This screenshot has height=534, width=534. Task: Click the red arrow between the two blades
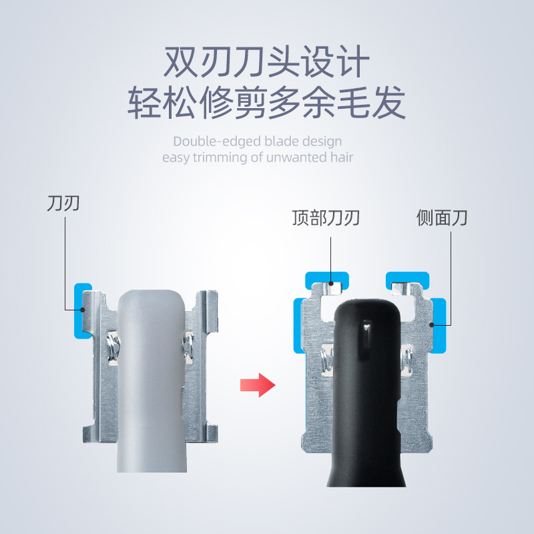pyautogui.click(x=257, y=385)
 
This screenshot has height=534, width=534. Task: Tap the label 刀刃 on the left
pyautogui.click(x=63, y=202)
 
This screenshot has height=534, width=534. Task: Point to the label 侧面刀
pyautogui.click(x=442, y=218)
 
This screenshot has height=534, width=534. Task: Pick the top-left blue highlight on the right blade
pyautogui.click(x=326, y=280)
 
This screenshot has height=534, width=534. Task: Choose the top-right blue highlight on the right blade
pyautogui.click(x=407, y=280)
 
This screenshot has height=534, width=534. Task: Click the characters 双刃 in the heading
pyautogui.click(x=192, y=64)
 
